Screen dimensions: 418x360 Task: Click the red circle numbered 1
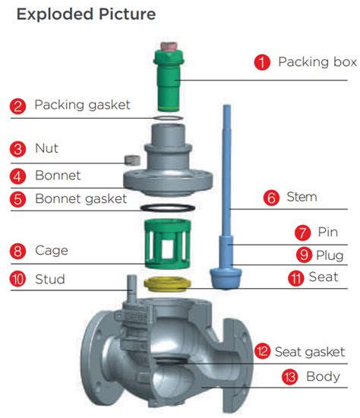pos(263,62)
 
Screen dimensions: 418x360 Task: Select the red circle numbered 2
pos(18,105)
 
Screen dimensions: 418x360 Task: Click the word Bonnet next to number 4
pos(58,176)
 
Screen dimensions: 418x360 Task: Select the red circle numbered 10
pos(18,279)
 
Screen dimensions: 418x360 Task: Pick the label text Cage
pos(52,250)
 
